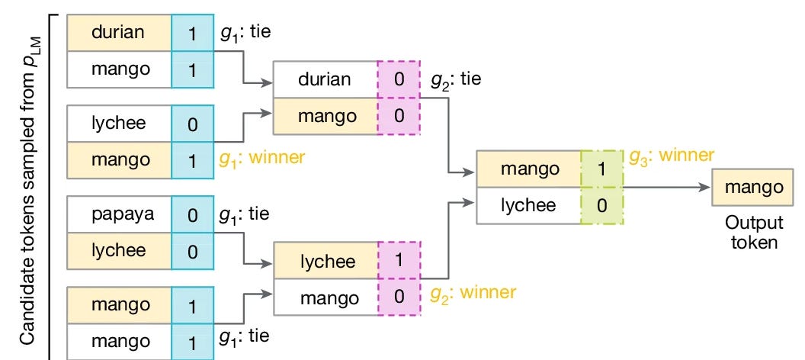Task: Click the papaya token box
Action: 119,214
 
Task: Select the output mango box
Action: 754,188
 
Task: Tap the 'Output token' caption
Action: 754,232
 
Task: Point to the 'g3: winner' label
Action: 672,156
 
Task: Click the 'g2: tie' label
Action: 456,80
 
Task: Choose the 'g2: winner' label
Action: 473,293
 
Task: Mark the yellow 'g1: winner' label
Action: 261,158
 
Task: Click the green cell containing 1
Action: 602,169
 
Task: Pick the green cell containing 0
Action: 602,205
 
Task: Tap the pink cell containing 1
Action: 399,260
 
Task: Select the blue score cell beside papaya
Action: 193,214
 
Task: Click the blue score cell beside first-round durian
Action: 193,33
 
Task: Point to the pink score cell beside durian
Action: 399,79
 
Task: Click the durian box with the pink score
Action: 326,79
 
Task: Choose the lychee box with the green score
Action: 529,205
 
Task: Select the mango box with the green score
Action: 529,169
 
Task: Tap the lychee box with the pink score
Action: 326,260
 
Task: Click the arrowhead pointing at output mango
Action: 705,188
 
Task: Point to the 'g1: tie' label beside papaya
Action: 245,214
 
